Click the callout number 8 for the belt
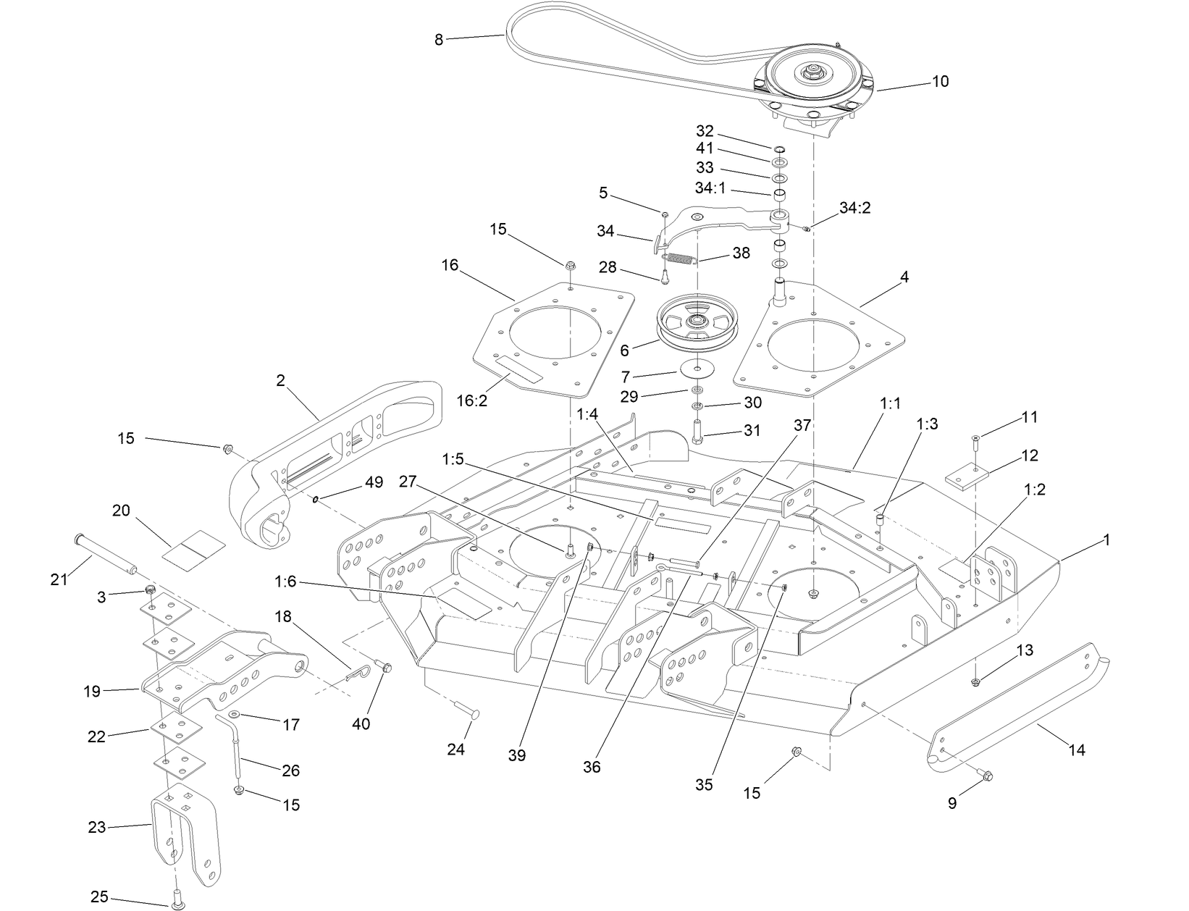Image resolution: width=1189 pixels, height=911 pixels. click(439, 40)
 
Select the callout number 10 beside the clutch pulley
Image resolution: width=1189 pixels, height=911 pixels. click(939, 81)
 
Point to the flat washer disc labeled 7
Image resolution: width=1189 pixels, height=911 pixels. click(699, 369)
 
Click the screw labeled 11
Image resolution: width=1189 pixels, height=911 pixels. click(975, 439)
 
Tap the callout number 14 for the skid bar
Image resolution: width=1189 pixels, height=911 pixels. click(1077, 750)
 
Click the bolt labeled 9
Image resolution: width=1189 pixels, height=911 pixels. click(985, 776)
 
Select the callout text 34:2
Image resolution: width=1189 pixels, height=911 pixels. click(854, 208)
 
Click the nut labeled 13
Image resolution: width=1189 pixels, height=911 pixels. click(975, 681)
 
